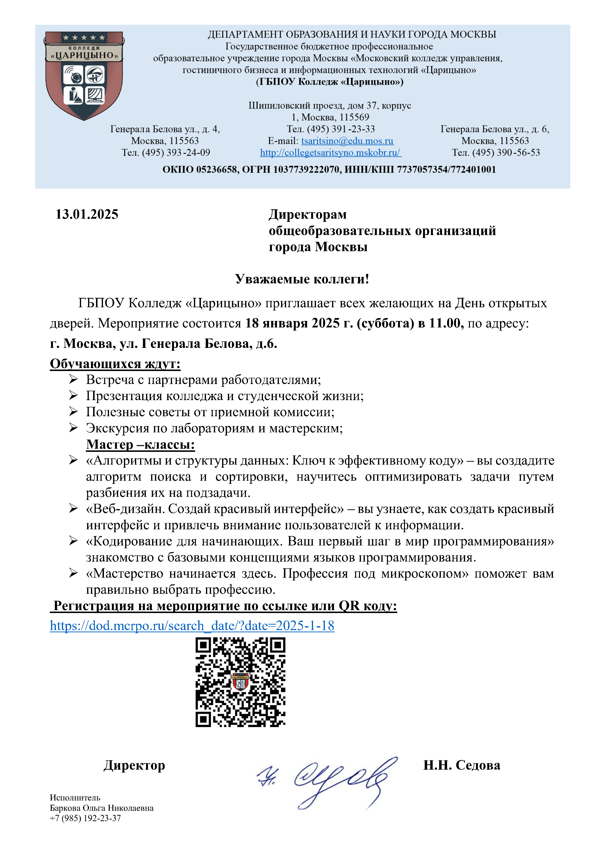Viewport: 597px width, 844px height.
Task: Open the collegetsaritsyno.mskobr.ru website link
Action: [x=330, y=153]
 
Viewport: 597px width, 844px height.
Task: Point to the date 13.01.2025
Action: [x=87, y=214]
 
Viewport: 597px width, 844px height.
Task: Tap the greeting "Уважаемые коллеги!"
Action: [x=302, y=279]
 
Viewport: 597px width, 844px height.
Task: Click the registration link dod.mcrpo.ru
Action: [x=192, y=625]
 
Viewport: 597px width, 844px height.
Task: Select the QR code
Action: [x=240, y=682]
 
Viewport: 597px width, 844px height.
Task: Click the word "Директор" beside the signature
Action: [x=134, y=765]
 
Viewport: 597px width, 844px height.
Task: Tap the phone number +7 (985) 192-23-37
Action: [x=85, y=818]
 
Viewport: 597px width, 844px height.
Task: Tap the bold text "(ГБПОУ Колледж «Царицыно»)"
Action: [x=330, y=82]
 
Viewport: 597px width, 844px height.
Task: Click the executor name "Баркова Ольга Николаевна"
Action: [x=102, y=808]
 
